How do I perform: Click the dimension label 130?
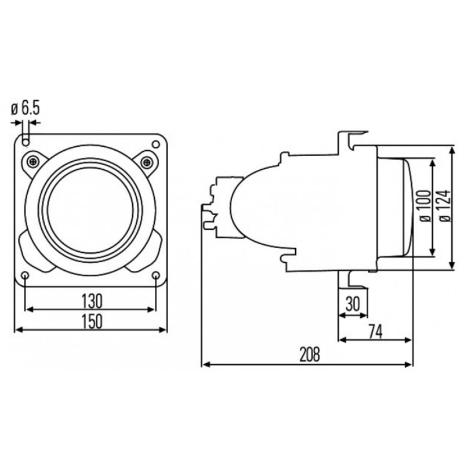(x=92, y=300)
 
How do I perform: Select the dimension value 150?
(x=92, y=320)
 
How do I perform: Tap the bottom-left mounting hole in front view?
(x=26, y=275)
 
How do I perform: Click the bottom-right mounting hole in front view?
(x=157, y=275)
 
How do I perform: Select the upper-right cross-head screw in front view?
(x=149, y=161)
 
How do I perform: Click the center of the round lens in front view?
(x=92, y=209)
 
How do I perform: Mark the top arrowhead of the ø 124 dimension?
(x=453, y=148)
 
